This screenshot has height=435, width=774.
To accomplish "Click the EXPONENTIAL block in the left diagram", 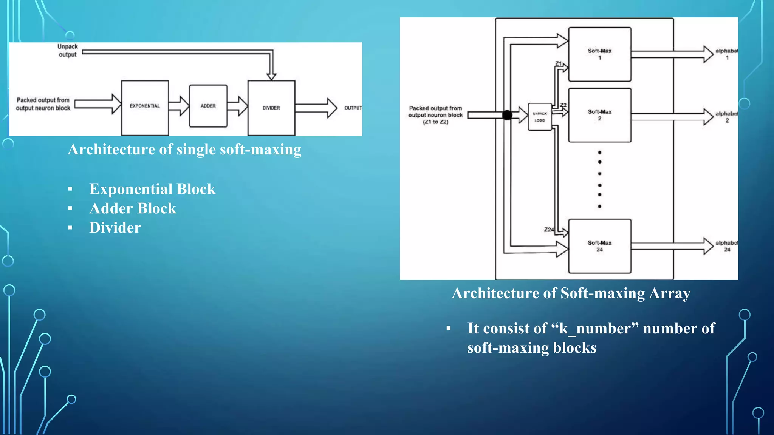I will click(x=145, y=107).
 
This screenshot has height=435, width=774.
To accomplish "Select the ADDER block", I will click(x=208, y=106).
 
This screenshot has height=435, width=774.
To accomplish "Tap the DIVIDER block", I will click(x=271, y=108).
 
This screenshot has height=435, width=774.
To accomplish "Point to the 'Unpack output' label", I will click(x=68, y=51).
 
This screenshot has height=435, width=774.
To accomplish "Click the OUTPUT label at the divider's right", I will click(x=353, y=108).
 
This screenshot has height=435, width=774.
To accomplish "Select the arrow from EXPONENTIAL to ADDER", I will click(x=179, y=106).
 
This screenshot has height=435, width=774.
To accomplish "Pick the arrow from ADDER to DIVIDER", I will click(x=237, y=106).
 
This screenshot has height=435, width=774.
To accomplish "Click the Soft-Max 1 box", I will click(x=599, y=54).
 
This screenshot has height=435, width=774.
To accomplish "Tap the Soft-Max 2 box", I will click(x=599, y=115).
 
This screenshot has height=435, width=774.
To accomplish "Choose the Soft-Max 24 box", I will click(x=599, y=246).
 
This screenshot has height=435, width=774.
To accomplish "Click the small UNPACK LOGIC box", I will click(x=540, y=117).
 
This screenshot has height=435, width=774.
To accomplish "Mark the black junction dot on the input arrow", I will click(x=507, y=115).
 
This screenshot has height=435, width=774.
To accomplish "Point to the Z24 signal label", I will click(x=549, y=230).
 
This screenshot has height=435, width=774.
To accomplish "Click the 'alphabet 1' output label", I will click(x=726, y=54).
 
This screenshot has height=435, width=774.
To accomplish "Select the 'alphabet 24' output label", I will click(x=726, y=246).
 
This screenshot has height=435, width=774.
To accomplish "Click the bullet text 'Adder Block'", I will click(x=133, y=208).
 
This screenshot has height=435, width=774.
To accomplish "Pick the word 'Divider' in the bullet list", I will click(x=115, y=228).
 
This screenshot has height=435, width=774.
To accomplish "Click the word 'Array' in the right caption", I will click(x=669, y=293).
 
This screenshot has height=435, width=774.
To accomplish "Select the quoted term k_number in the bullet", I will click(x=596, y=329).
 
